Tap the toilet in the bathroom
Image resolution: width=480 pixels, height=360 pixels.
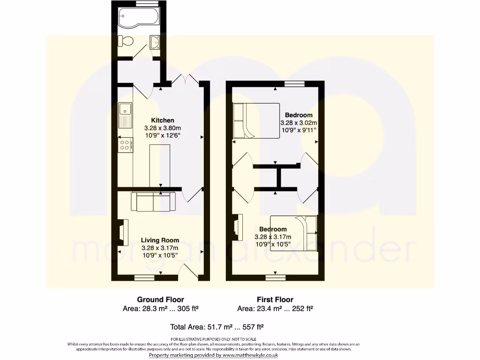125,42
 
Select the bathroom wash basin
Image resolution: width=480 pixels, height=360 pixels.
155,43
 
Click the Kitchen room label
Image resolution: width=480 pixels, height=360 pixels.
162,120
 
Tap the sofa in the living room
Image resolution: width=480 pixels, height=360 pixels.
153,202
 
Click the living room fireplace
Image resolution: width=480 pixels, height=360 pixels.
122,233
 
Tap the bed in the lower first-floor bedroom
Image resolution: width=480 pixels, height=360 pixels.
294,232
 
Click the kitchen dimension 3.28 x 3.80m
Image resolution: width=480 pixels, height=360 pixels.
162,128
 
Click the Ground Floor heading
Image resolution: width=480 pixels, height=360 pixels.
160,300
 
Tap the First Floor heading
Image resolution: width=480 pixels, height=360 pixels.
275,300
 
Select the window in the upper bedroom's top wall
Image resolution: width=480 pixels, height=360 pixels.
294,83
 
